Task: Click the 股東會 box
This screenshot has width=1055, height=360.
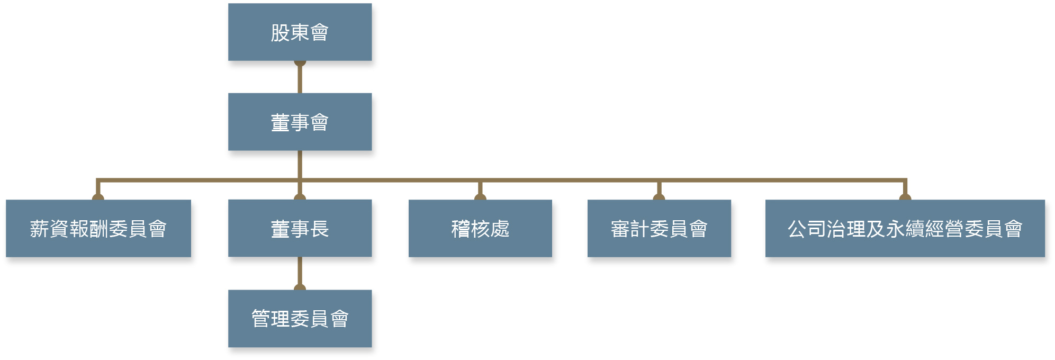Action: [x=300, y=32]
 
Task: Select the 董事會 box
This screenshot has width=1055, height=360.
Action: [x=300, y=122]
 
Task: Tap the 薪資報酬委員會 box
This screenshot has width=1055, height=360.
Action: [x=98, y=228]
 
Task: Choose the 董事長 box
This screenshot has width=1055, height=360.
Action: [x=300, y=228]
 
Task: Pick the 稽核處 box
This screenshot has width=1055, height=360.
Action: [x=480, y=228]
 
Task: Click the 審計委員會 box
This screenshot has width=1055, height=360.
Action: [x=659, y=228]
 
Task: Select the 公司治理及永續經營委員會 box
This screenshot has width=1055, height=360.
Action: [x=905, y=228]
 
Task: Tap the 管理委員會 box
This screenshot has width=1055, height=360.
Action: [x=300, y=318]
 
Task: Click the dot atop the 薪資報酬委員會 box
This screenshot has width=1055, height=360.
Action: [x=98, y=197]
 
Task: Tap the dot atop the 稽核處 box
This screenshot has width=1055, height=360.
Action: [x=480, y=197]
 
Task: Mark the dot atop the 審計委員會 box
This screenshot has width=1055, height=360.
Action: [x=659, y=197]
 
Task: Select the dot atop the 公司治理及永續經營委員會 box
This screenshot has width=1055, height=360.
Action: [x=905, y=197]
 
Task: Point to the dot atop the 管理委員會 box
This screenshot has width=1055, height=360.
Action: [x=300, y=287]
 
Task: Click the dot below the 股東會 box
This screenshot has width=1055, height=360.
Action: [x=300, y=63]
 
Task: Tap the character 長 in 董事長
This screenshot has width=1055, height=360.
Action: [x=320, y=229]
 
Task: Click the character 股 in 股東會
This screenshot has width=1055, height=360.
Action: [x=280, y=32]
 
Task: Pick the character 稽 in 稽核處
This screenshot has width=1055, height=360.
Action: [x=461, y=229]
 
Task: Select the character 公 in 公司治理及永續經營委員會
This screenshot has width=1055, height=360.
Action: [x=797, y=229]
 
